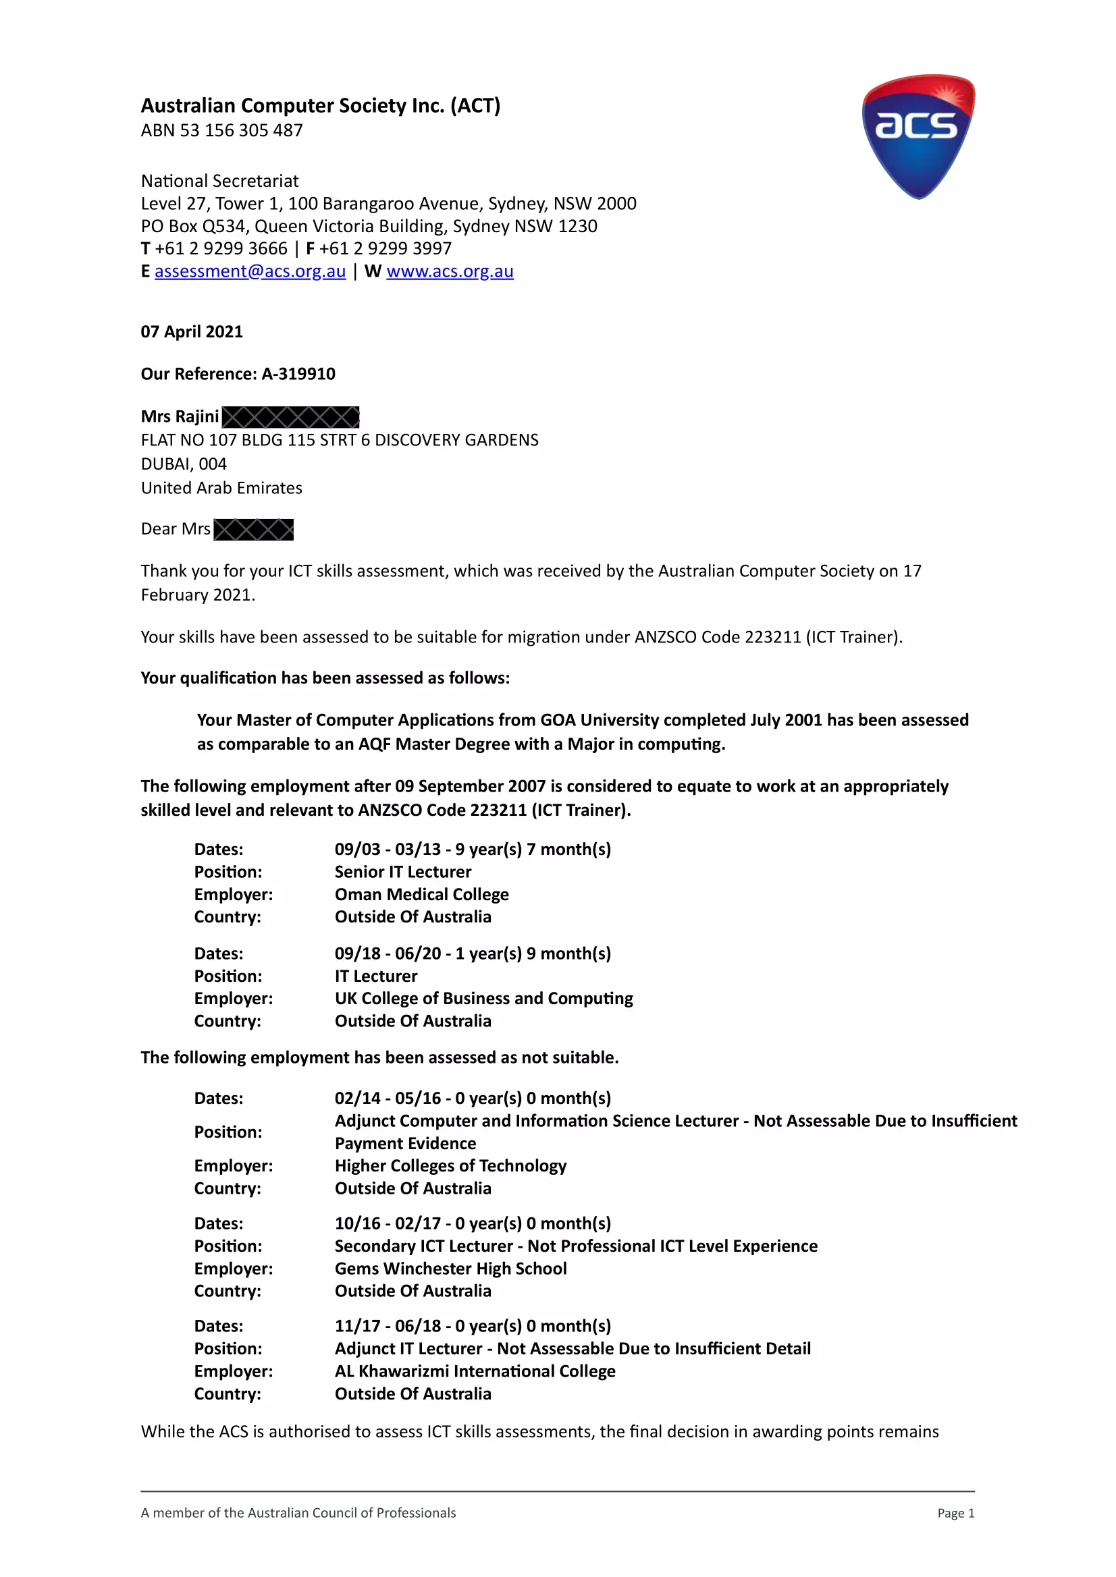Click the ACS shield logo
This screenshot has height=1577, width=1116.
click(x=918, y=136)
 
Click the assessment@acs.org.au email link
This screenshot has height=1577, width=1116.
click(x=249, y=271)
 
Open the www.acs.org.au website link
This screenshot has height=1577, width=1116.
click(x=450, y=271)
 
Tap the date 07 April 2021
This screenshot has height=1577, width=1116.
click(x=192, y=332)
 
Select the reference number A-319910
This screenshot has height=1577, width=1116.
click(x=298, y=374)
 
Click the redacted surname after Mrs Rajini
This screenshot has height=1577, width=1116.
click(x=290, y=417)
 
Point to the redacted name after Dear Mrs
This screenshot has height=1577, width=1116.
click(x=253, y=530)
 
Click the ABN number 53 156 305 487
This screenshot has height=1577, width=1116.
click(x=240, y=130)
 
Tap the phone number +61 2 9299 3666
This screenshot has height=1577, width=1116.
click(x=221, y=248)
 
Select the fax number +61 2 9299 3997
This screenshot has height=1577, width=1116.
click(x=385, y=248)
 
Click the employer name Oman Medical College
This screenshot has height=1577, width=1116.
click(x=421, y=894)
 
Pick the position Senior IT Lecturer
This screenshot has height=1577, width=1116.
click(x=402, y=872)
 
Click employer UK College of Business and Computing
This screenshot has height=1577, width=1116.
click(x=483, y=998)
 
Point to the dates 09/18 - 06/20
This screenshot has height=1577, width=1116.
click(x=388, y=953)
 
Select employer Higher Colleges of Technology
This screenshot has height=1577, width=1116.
click(x=450, y=1165)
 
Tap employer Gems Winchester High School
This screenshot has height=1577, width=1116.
click(x=450, y=1269)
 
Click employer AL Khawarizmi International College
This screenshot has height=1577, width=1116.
click(x=475, y=1371)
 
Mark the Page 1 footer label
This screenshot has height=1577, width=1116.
click(x=955, y=1513)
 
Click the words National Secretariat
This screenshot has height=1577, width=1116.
click(x=220, y=182)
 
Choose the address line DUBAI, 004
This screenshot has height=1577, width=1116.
click(x=184, y=464)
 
